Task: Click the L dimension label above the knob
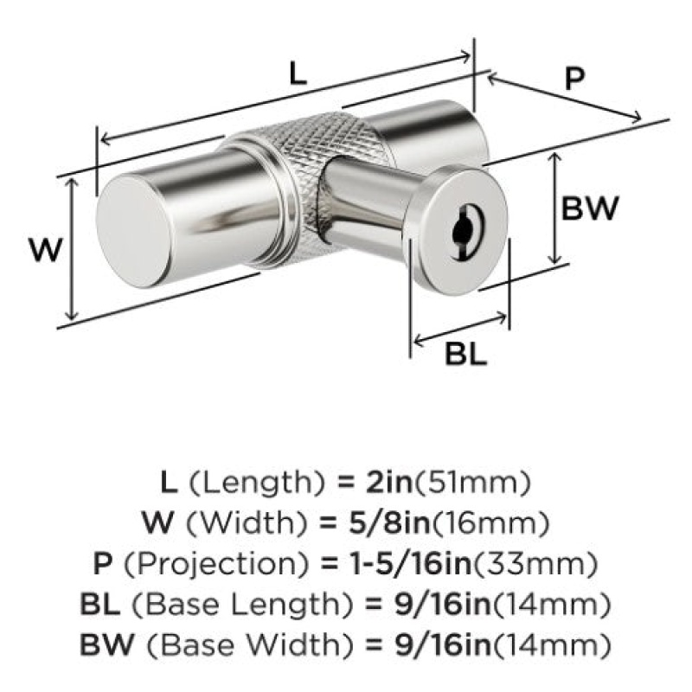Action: (298, 74)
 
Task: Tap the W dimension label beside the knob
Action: (46, 250)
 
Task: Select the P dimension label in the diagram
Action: (574, 79)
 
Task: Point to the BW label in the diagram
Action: (590, 208)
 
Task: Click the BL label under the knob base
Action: (465, 354)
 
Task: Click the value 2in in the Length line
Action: (388, 482)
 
